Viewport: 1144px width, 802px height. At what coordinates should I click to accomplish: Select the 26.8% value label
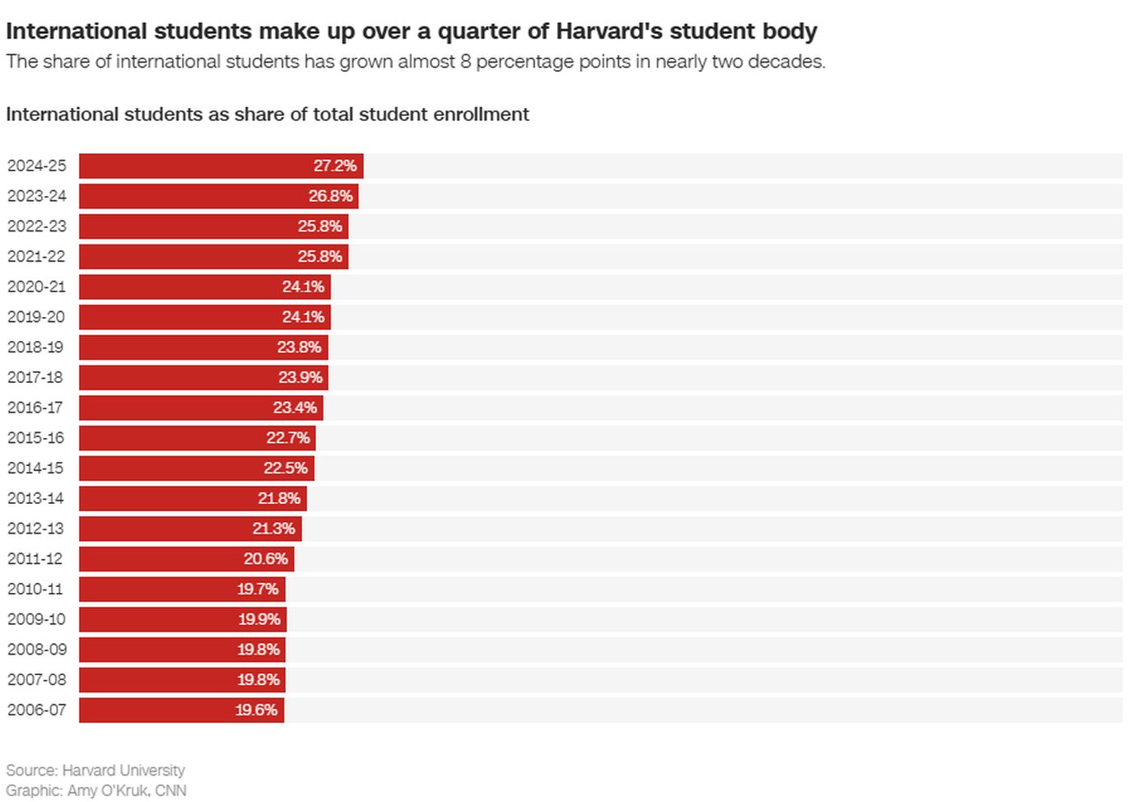330,196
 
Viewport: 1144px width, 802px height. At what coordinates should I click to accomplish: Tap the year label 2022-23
37,226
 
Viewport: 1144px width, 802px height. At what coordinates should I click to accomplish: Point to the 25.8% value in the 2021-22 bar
319,256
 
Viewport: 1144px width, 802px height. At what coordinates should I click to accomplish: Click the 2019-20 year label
36,317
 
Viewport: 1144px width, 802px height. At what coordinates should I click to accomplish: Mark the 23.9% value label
300,377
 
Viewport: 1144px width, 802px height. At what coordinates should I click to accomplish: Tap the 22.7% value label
288,438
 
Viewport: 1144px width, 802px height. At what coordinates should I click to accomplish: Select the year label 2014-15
35,468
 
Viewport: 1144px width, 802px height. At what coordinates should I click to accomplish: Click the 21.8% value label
279,498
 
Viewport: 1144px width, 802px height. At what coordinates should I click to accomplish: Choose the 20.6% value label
265,558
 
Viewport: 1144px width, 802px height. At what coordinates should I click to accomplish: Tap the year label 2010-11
35,589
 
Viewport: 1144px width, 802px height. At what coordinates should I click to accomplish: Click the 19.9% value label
258,619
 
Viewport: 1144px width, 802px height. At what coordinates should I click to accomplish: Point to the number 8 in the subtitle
466,62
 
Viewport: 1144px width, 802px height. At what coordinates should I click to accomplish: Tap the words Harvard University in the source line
123,770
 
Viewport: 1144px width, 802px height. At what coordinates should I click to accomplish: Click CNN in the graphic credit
170,790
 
